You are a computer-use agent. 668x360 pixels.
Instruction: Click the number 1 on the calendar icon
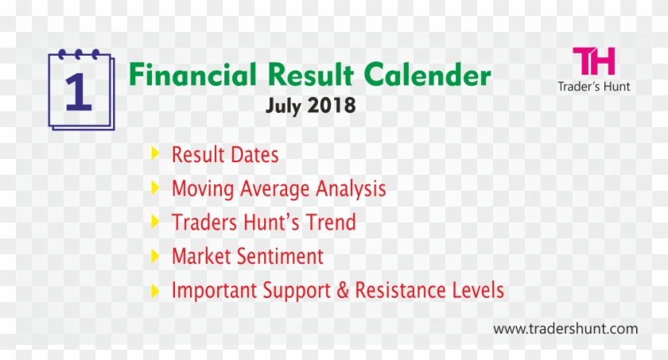79,91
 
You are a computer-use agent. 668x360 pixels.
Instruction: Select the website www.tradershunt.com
565,328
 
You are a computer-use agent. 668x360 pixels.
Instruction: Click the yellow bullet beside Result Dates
155,153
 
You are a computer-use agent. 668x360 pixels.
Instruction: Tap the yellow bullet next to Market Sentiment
155,256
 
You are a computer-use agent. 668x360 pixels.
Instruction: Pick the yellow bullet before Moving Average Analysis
155,188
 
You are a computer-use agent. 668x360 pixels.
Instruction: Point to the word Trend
330,223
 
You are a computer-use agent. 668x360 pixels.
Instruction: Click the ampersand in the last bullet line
343,291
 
